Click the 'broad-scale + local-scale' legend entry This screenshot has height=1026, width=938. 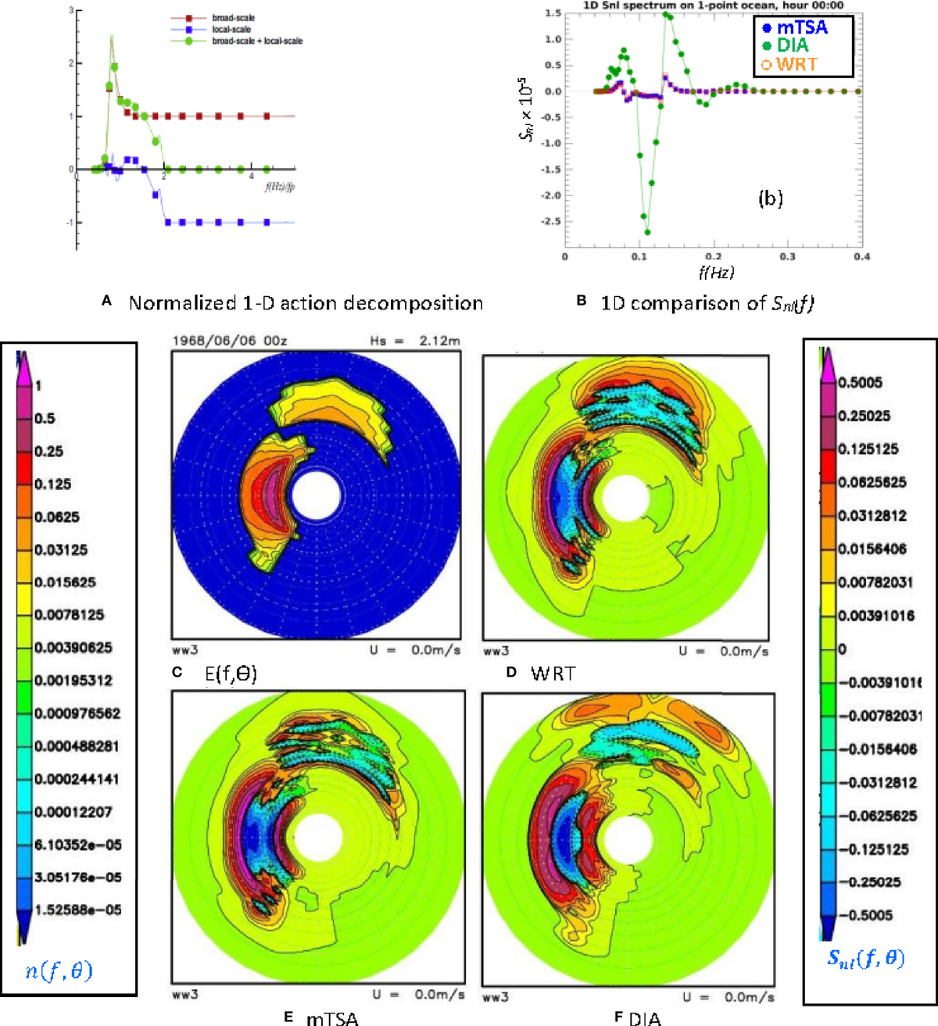[256, 41]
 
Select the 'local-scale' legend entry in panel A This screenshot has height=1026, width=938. [231, 29]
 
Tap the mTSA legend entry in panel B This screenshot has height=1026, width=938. [801, 27]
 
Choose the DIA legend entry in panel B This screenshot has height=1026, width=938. [792, 45]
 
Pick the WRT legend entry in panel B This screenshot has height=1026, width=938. [797, 64]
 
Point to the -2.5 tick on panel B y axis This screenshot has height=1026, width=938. [552, 222]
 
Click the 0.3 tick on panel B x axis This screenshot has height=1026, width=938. [787, 256]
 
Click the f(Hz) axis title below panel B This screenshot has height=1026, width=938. [715, 272]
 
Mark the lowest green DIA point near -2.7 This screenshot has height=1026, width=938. [647, 232]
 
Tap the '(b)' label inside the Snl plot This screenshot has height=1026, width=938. [770, 198]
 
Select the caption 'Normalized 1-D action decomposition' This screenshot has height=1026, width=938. [306, 303]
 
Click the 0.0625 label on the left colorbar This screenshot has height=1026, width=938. [57, 517]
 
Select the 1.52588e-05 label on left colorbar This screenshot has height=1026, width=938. [78, 910]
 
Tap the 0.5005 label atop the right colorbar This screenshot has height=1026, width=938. [861, 383]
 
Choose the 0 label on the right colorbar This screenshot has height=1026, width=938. [843, 649]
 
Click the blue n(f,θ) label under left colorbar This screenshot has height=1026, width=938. [59, 971]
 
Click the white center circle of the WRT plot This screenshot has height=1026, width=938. [621, 497]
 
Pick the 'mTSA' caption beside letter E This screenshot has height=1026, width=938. [332, 1017]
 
